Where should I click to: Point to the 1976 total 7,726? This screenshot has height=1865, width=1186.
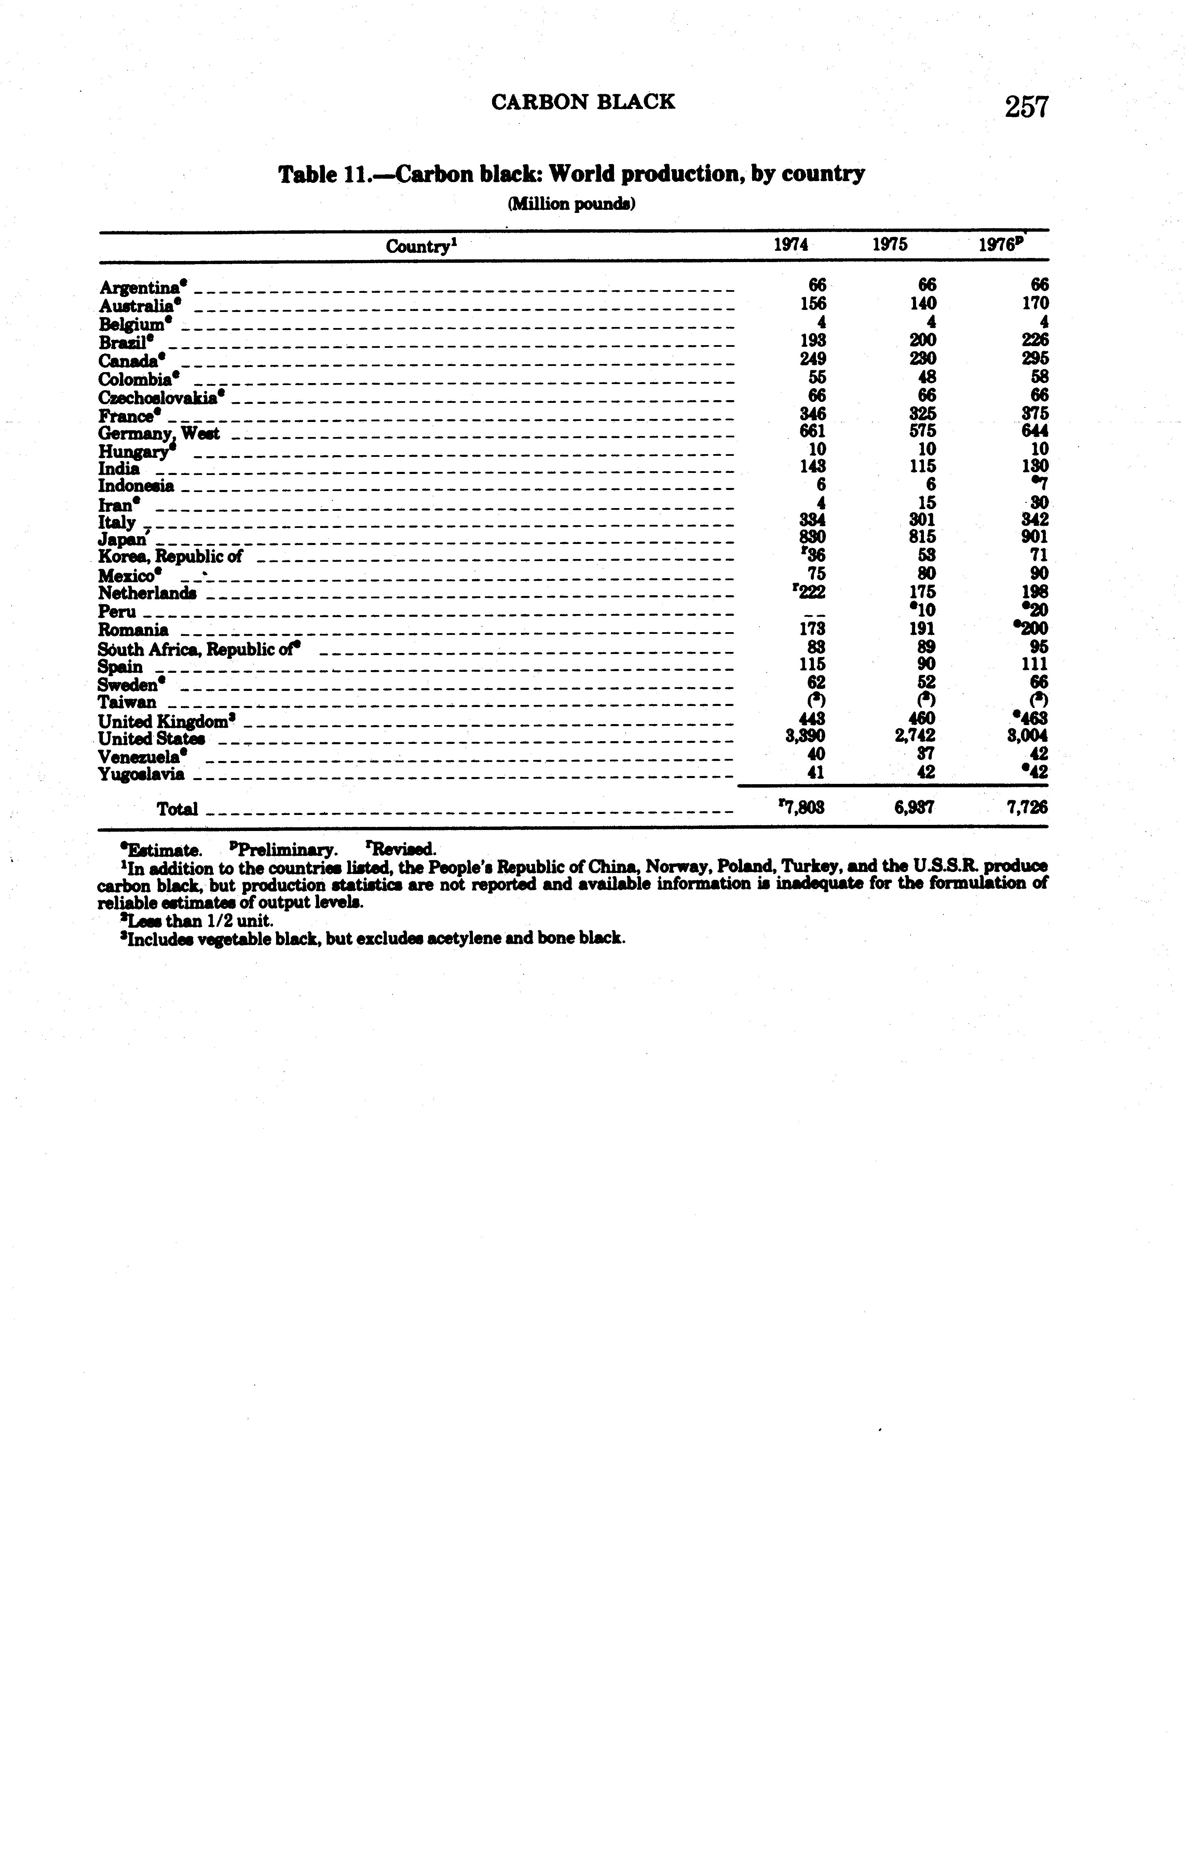pyautogui.click(x=1027, y=808)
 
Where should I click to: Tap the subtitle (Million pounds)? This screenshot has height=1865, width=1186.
pyautogui.click(x=572, y=204)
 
